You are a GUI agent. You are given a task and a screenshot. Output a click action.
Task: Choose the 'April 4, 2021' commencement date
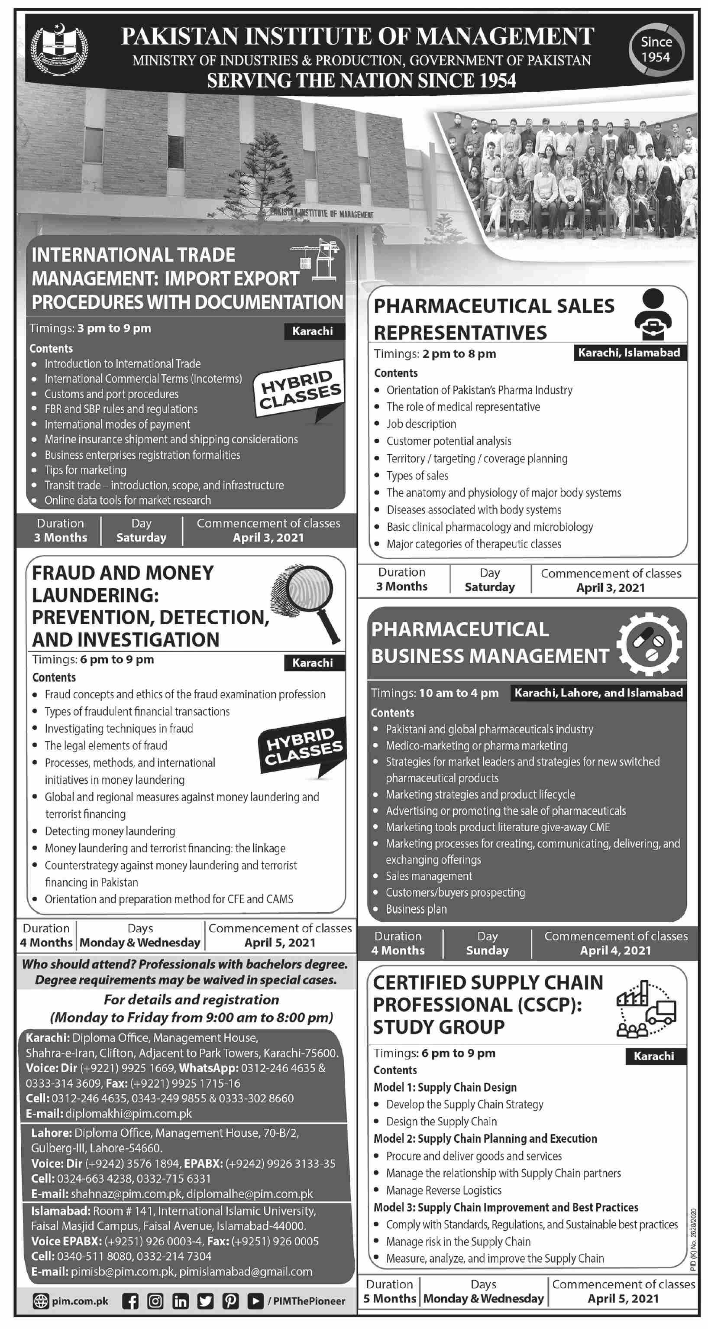point(615,950)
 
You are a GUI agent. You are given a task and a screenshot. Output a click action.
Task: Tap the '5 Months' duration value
point(389,1298)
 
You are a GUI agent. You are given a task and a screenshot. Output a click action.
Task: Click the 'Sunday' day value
point(487,950)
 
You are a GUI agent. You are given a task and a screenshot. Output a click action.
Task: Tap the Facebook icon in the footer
point(130,1301)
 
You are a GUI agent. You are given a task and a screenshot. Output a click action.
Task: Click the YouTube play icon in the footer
point(255,1301)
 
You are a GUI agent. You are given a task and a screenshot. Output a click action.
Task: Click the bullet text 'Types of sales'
point(417,475)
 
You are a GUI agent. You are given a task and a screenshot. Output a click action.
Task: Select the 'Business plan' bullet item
point(416,908)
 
